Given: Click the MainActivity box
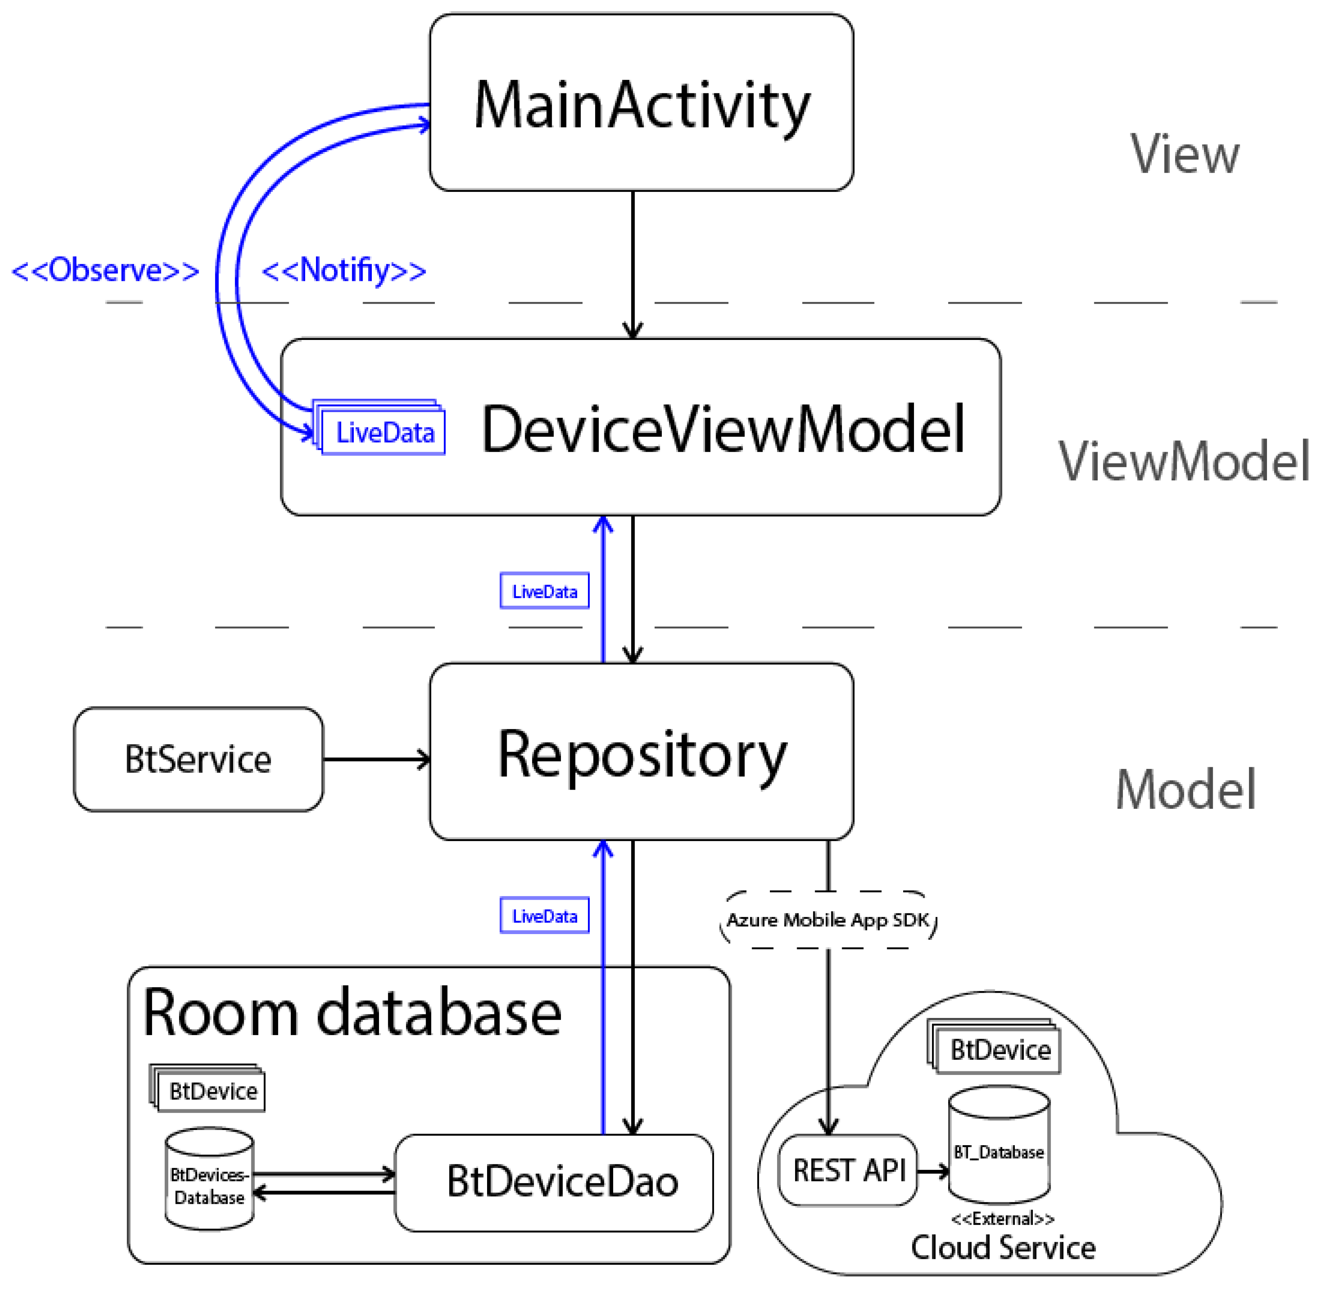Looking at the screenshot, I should (x=641, y=102).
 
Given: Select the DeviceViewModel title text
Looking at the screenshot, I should (x=722, y=429).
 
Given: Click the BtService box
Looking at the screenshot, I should (x=198, y=759).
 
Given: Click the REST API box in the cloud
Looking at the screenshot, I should (x=848, y=1171).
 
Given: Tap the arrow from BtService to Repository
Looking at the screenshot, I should (x=376, y=759).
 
